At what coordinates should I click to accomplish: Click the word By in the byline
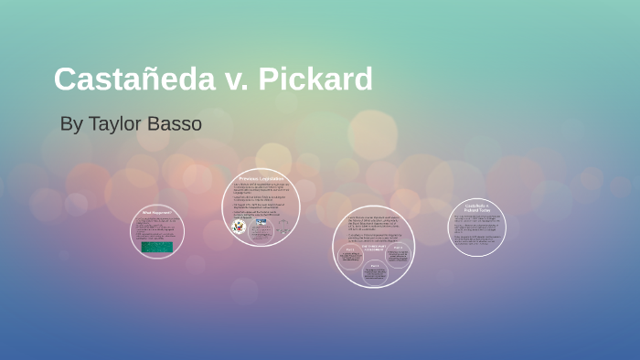[71, 123]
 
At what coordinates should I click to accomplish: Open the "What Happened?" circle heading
[157, 212]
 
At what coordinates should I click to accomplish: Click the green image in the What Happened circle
[158, 248]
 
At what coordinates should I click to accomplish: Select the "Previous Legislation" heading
[261, 178]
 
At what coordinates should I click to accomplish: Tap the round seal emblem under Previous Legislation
[240, 227]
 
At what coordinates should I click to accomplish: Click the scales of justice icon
[282, 228]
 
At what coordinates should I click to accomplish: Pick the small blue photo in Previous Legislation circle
[261, 222]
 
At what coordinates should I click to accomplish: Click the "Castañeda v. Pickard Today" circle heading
[475, 209]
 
